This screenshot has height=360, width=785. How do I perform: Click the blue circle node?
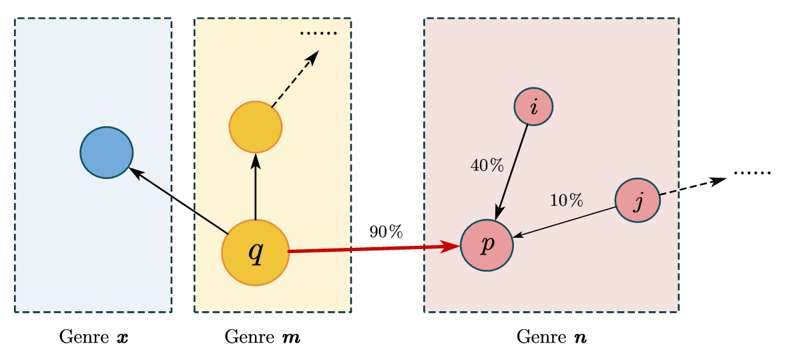107,152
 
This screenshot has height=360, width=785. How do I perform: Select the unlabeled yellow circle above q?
256,127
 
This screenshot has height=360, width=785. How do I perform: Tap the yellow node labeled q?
256,252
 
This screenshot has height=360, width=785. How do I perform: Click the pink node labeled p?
487,245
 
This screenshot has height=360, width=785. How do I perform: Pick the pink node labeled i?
533,107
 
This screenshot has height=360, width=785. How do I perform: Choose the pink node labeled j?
637,200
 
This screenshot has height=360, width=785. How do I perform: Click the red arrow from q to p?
367,249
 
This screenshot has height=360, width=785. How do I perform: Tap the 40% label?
487,166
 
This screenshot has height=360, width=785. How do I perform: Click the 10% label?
566,200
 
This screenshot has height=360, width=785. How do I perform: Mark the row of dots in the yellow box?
318,33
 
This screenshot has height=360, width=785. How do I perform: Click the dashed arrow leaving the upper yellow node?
294,80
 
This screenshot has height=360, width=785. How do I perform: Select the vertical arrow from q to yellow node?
256,187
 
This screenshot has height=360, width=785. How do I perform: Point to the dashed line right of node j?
669,193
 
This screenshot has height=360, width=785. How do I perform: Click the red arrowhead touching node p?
452,247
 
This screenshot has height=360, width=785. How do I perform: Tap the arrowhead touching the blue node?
136,173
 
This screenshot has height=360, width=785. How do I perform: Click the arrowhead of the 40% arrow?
498,212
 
